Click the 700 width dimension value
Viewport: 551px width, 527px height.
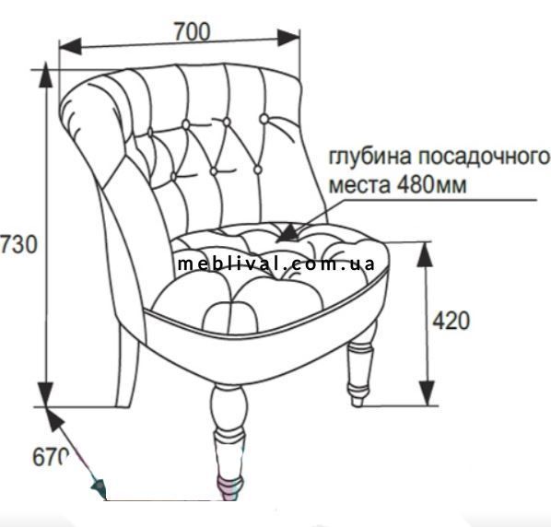(x=193, y=31)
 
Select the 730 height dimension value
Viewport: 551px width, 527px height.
(x=18, y=244)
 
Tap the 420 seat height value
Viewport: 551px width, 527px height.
(x=451, y=321)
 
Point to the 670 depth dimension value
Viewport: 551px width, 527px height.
(x=51, y=457)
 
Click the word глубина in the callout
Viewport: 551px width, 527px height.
(x=369, y=157)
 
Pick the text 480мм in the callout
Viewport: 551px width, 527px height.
(x=431, y=184)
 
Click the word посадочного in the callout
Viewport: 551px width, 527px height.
(x=484, y=157)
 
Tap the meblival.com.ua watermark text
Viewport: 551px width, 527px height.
(x=276, y=263)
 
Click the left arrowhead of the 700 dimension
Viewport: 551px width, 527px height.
(x=70, y=46)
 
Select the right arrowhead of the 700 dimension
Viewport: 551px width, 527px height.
(x=288, y=38)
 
